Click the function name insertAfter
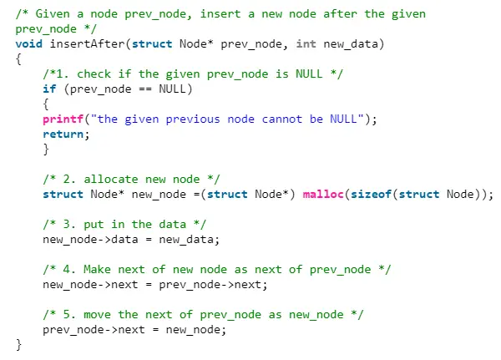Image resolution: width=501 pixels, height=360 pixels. coord(87,43)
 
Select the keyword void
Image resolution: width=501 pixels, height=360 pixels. coord(28,43)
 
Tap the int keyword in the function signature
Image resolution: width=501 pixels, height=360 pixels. coord(306,43)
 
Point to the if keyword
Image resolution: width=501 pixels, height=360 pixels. coord(49,89)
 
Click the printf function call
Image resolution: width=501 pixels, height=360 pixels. coord(63,119)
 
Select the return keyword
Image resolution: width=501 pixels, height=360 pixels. coord(63,134)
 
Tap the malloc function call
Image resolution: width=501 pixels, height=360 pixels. coord(323,194)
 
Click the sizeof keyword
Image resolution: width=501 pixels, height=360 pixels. coord(371,194)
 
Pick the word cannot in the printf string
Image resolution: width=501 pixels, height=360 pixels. coord(282,119)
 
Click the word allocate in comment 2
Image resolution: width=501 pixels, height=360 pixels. coord(111,179)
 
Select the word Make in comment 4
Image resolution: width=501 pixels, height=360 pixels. coord(97,269)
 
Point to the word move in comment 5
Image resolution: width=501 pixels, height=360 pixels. coord(97,315)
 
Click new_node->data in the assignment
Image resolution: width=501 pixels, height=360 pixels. coord(90,240)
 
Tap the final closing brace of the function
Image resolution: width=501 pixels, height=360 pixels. coord(19,345)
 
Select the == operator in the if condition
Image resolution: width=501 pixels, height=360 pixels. coord(145,89)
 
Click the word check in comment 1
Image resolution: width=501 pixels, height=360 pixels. coord(94,74)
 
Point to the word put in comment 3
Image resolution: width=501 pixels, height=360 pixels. coord(94,225)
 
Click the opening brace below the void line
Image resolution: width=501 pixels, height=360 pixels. coord(19,59)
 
